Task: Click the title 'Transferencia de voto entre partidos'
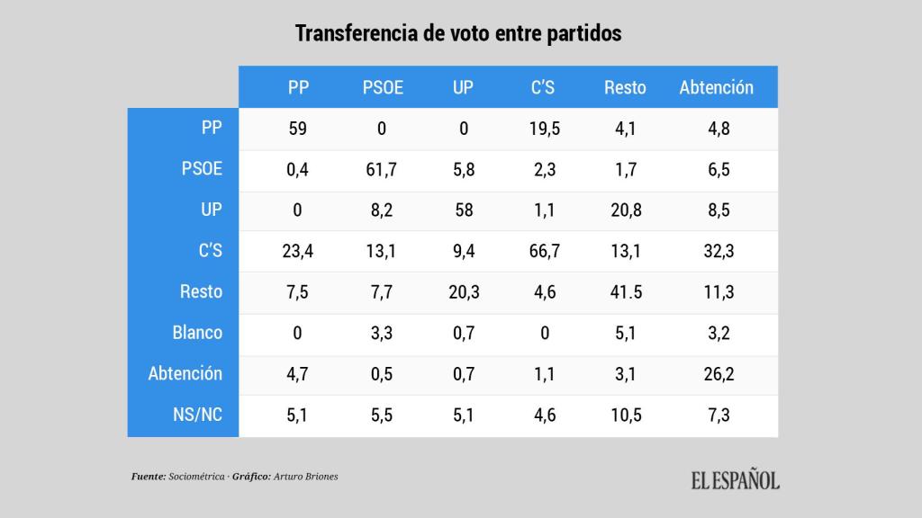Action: [x=459, y=33]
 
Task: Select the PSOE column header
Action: [x=383, y=87]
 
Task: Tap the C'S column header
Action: [x=543, y=87]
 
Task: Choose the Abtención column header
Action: [x=716, y=87]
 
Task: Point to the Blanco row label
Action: [x=197, y=333]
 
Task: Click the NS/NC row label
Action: [x=197, y=415]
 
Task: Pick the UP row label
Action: [x=210, y=210]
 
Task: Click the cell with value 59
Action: [x=297, y=129]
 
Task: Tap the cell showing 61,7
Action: [x=382, y=169]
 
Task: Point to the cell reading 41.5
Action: [x=625, y=291]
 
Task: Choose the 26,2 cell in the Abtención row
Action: [x=718, y=373]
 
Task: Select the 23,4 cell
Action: [x=297, y=251]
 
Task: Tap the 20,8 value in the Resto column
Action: [x=625, y=210]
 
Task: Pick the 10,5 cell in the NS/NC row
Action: [x=625, y=415]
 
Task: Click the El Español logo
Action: [x=735, y=480]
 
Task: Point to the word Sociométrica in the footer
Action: [x=195, y=476]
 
